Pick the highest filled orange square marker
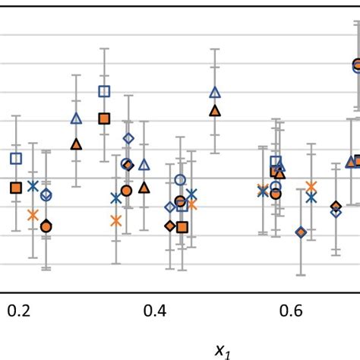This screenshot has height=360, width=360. tap(104, 118)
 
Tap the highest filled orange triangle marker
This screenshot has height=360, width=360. tap(214, 110)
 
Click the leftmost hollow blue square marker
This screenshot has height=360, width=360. tap(15, 159)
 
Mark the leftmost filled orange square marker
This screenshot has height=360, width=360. tap(15, 188)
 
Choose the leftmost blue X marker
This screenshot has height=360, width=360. tap(33, 185)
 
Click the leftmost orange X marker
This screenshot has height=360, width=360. tap(33, 215)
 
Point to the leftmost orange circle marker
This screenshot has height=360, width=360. tap(46, 226)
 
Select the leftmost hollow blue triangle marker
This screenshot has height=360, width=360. tap(76, 118)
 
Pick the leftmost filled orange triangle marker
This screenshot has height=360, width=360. tap(76, 144)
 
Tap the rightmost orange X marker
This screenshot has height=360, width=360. tap(311, 186)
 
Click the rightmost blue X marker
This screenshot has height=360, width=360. tap(311, 197)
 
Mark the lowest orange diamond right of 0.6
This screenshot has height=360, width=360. tap(301, 232)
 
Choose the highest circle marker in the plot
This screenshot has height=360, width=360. tap(357, 65)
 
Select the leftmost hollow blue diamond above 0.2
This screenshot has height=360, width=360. tap(46, 195)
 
